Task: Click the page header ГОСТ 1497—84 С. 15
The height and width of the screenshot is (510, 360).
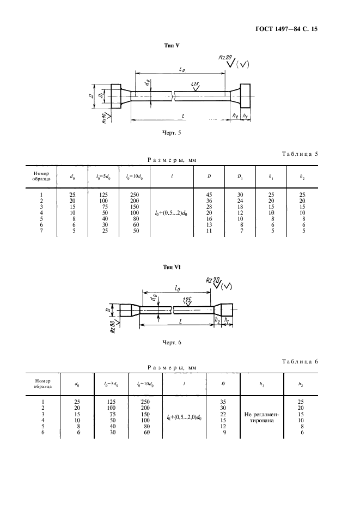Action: (286, 29)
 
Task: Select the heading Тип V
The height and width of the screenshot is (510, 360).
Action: (172, 46)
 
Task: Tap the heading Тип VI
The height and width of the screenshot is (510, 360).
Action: (172, 267)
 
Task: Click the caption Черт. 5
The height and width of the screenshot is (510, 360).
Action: (171, 133)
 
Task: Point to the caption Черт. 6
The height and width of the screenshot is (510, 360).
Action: (171, 343)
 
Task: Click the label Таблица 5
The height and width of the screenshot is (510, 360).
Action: (300, 154)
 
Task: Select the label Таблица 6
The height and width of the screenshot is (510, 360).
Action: (300, 361)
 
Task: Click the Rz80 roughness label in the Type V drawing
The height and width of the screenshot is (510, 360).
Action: (104, 118)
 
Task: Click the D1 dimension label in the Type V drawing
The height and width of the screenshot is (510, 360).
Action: (101, 96)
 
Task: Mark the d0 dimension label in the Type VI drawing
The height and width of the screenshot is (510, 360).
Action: (155, 297)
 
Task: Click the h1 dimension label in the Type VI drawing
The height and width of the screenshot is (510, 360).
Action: (227, 321)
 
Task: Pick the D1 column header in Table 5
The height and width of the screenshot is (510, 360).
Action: (240, 177)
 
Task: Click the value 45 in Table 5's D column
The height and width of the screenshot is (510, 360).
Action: (209, 195)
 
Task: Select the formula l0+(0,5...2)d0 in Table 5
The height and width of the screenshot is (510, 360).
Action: (172, 213)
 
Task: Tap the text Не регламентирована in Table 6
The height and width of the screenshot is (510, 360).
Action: (262, 417)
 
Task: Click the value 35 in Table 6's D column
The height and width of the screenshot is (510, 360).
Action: (223, 402)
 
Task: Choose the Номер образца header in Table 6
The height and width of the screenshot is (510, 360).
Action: (43, 384)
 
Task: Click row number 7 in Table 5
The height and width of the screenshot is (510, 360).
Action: (41, 231)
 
